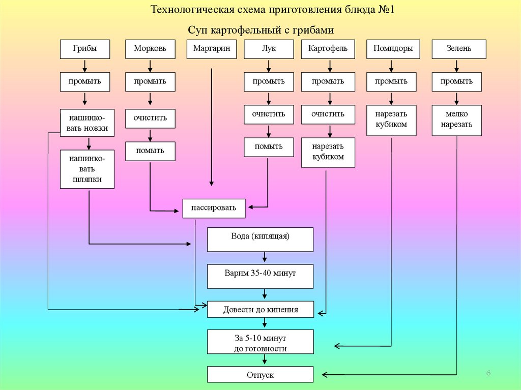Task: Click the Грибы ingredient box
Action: pyautogui.click(x=85, y=49)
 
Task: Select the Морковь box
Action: pyautogui.click(x=150, y=49)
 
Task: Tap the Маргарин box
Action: pyautogui.click(x=212, y=49)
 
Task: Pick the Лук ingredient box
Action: pyautogui.click(x=269, y=49)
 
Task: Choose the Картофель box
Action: pyautogui.click(x=328, y=49)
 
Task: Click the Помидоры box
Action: pyautogui.click(x=391, y=49)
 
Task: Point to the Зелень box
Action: pyautogui.click(x=459, y=49)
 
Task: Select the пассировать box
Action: pyautogui.click(x=214, y=208)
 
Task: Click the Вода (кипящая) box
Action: pyautogui.click(x=260, y=239)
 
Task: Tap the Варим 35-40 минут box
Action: pyautogui.click(x=260, y=276)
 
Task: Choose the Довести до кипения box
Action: pyautogui.click(x=260, y=309)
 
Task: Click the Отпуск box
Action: pyautogui.click(x=260, y=375)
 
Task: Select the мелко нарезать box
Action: pyautogui.click(x=456, y=120)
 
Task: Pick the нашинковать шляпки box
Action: pyautogui.click(x=87, y=169)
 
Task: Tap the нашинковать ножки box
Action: pyautogui.click(x=87, y=123)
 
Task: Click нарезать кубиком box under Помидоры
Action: pyautogui.click(x=391, y=120)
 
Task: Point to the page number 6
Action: pyautogui.click(x=488, y=374)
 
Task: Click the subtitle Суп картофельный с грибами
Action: pyautogui.click(x=260, y=30)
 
